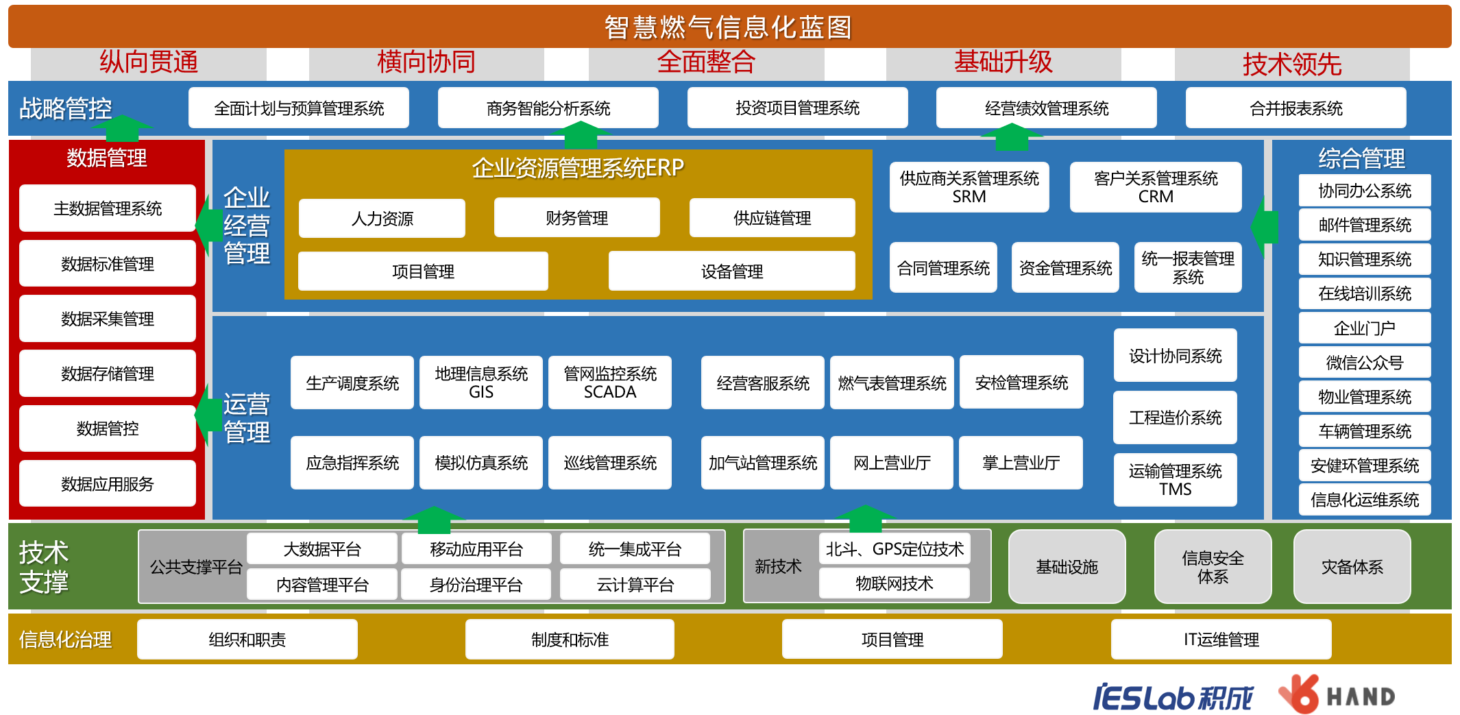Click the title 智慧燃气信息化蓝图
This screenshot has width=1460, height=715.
click(728, 27)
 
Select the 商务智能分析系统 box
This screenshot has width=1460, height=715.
click(548, 108)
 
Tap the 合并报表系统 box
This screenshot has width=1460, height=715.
click(1295, 108)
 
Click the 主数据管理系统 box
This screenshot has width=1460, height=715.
click(108, 208)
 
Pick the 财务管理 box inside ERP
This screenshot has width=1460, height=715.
click(576, 218)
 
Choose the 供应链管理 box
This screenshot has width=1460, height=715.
click(772, 218)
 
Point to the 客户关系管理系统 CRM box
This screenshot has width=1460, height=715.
click(1156, 187)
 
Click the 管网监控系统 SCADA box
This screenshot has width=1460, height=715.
click(610, 383)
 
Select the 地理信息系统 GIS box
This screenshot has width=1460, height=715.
click(481, 383)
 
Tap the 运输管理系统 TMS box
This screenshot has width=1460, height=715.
click(1175, 480)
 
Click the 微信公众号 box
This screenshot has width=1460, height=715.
click(1364, 363)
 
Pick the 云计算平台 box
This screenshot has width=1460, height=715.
click(635, 585)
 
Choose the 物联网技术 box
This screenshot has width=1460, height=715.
click(894, 583)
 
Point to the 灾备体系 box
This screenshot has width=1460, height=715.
click(1352, 567)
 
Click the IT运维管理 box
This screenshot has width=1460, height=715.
click(1221, 640)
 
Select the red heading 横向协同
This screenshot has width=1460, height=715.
click(426, 62)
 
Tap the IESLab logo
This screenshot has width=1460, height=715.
click(1173, 697)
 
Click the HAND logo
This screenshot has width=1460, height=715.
click(1337, 696)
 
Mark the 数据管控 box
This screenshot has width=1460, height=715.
click(108, 428)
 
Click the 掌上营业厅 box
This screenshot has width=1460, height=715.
click(1021, 463)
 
